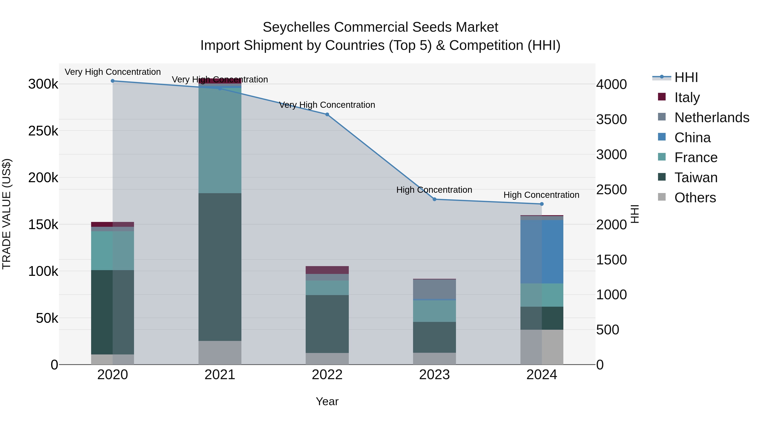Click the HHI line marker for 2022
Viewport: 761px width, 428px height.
tap(327, 114)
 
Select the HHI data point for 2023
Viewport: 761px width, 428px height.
tap(434, 199)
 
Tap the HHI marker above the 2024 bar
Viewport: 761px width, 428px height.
tap(542, 204)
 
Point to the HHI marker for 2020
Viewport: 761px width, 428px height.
tap(112, 81)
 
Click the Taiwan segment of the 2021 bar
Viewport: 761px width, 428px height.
tap(220, 267)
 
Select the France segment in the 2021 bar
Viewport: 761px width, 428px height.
tap(220, 140)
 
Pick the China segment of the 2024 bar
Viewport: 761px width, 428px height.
tap(542, 252)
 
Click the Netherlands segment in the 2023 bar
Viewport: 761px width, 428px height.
tap(434, 289)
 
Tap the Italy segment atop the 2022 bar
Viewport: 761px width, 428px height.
tap(327, 270)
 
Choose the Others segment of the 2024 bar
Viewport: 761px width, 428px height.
tap(542, 347)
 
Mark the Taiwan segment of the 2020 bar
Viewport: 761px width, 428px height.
tap(112, 312)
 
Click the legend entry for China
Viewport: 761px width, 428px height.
tap(692, 138)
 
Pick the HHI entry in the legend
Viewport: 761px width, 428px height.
tap(686, 77)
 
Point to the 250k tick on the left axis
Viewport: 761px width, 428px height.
tap(43, 131)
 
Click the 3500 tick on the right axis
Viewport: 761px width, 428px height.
tap(611, 119)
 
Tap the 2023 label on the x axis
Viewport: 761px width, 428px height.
tap(434, 375)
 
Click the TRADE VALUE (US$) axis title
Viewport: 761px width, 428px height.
tap(7, 214)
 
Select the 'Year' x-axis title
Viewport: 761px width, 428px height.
tap(327, 401)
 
